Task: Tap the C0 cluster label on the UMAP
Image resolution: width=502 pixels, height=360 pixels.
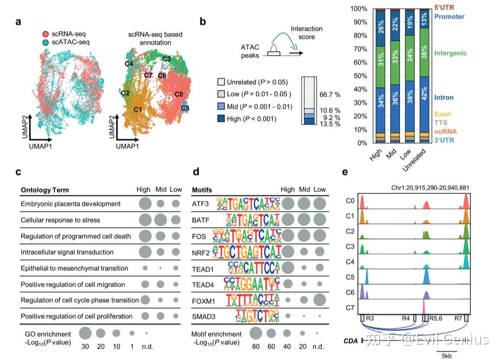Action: click(178, 94)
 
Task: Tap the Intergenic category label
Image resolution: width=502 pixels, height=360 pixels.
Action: click(450, 53)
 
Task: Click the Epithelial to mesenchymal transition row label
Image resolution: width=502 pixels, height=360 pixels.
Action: click(74, 268)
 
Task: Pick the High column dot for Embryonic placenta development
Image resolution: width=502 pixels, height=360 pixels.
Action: click(145, 204)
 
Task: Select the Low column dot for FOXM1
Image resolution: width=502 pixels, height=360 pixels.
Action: click(319, 300)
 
